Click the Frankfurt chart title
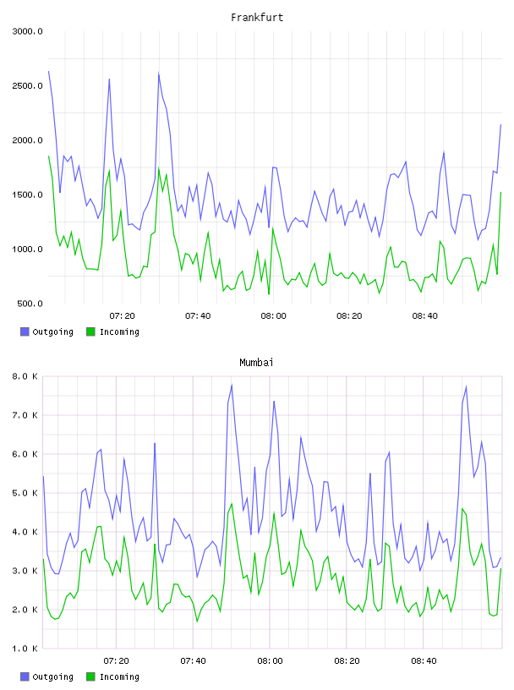click(x=257, y=18)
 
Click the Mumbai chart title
click(x=256, y=363)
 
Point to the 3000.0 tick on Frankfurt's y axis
click(x=27, y=31)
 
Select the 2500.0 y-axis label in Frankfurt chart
click(x=27, y=85)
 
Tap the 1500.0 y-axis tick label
click(x=27, y=195)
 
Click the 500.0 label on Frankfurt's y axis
click(x=30, y=304)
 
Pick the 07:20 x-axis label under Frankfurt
click(x=122, y=316)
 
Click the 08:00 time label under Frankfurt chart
click(x=273, y=316)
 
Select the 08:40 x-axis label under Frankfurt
click(x=424, y=316)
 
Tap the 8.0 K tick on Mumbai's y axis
click(x=25, y=376)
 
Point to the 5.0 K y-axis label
click(x=25, y=493)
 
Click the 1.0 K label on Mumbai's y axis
click(x=25, y=649)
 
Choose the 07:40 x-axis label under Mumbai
click(x=193, y=661)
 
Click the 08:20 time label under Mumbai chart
click(x=347, y=661)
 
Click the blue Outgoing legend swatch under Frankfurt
click(x=25, y=331)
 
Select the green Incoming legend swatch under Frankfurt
click(x=90, y=331)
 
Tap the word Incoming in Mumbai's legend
click(x=119, y=676)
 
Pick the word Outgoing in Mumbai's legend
click(x=52, y=676)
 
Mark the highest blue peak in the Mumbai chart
click(x=232, y=385)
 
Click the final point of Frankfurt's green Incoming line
click(x=500, y=192)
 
